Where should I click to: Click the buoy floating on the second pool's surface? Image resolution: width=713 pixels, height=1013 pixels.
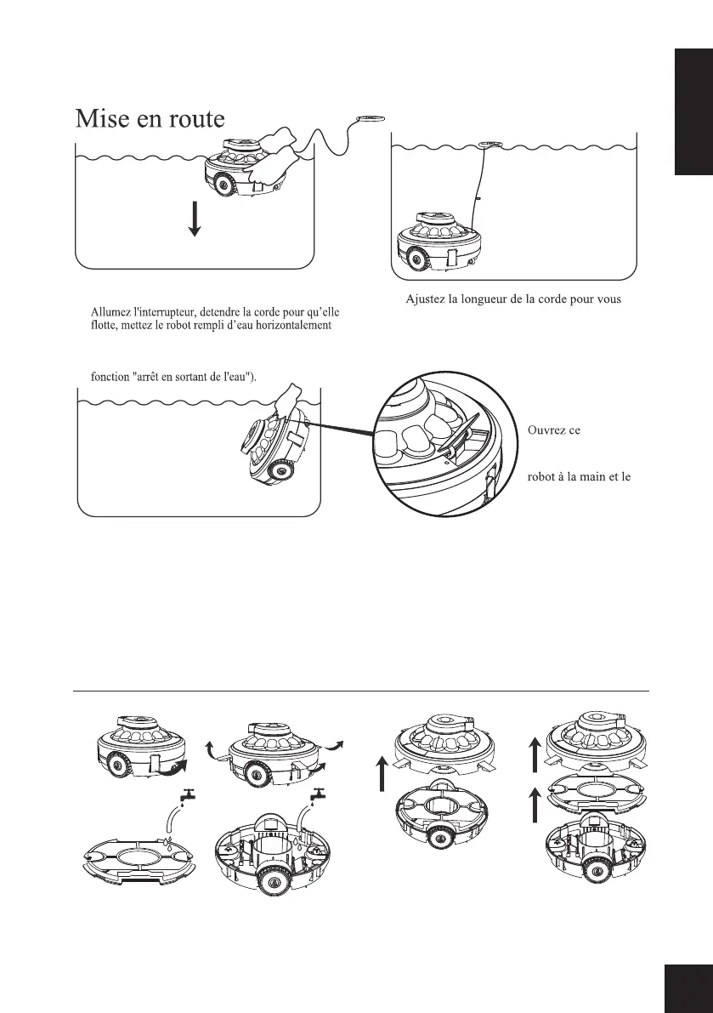click(489, 145)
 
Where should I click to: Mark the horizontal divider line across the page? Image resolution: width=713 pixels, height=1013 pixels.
click(364, 691)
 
